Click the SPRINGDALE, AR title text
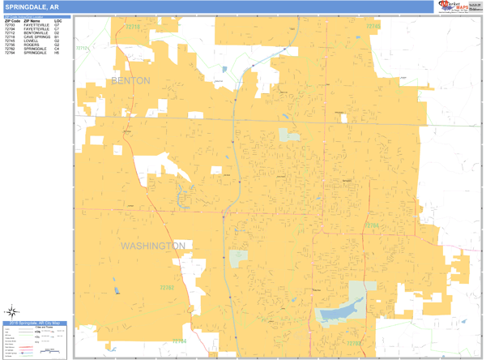tap(31, 6)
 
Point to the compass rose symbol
tap(14, 311)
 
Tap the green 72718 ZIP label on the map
tap(132, 28)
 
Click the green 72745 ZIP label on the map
tap(373, 27)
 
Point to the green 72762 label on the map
tap(167, 287)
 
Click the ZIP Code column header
tap(13, 20)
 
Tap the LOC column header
tap(58, 20)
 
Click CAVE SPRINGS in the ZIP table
tap(36, 37)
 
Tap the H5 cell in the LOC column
tap(57, 54)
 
